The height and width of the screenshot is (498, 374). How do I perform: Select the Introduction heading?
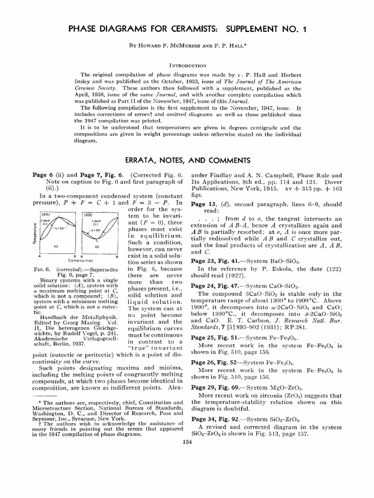click(x=187, y=65)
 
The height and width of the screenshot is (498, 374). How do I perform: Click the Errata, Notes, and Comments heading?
click(x=187, y=160)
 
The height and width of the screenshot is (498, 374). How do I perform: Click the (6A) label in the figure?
click(x=45, y=214)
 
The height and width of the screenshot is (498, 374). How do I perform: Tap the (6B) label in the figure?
click(x=88, y=214)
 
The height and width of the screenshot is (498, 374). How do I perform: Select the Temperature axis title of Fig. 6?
click(x=36, y=232)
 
